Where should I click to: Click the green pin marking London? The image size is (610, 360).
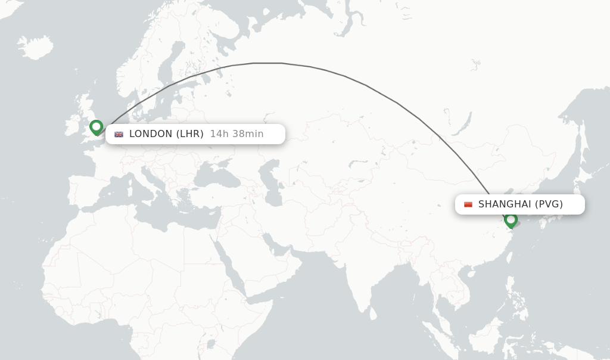tap(96, 127)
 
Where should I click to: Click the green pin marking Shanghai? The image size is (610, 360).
tap(511, 220)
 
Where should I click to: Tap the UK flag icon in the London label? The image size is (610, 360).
tap(119, 134)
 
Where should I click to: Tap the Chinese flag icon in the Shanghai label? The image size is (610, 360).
tap(468, 204)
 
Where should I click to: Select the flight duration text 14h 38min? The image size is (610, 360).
tap(236, 134)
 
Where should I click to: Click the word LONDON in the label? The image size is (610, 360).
tap(151, 134)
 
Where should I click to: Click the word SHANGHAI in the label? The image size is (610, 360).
tap(505, 204)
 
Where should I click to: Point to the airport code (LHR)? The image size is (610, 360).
tap(190, 134)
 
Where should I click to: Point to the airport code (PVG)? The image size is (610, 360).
tap(549, 204)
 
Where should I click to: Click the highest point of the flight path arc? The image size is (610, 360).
tap(267, 63)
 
